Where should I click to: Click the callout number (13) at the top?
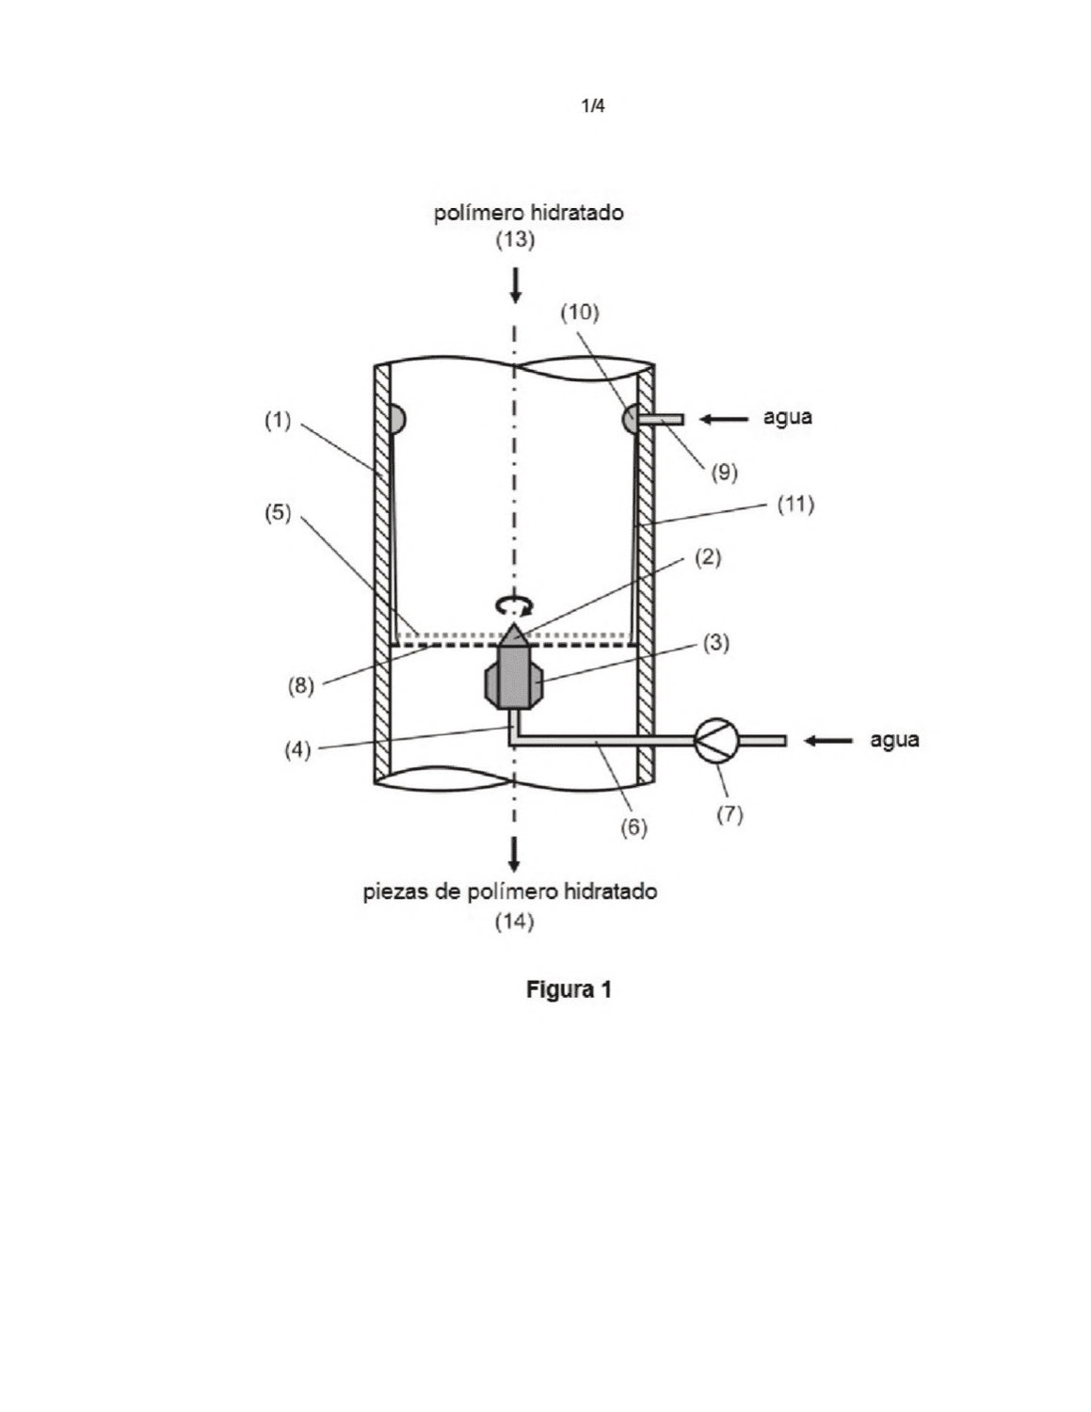pos(515,240)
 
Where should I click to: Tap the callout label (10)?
pos(580,313)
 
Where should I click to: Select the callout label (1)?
pos(278,421)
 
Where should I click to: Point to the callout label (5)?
pos(278,513)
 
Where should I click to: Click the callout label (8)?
pos(301,685)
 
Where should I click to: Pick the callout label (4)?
pos(297,750)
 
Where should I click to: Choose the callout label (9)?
pos(725,473)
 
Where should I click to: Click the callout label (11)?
pos(796,504)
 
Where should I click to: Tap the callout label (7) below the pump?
pos(730,813)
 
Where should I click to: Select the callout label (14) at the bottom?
pos(515,922)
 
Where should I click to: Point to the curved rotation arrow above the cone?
pos(514,605)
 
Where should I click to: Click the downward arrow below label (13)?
pos(516,286)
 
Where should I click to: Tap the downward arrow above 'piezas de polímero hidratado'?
pos(514,855)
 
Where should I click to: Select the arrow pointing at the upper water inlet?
pos(723,419)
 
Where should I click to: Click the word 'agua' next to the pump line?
pos(895,740)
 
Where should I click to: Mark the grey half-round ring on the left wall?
pos(396,419)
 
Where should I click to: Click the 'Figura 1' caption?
pos(569,989)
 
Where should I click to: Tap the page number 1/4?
pos(593,105)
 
